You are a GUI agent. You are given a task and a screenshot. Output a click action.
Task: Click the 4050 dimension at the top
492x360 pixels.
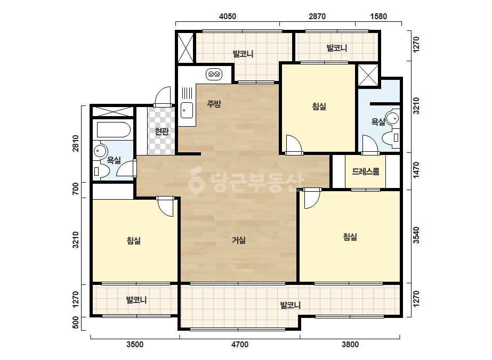[228, 17]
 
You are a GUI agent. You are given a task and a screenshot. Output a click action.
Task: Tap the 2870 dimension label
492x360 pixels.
[317, 17]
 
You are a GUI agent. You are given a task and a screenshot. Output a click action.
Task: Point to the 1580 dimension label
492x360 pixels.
[378, 17]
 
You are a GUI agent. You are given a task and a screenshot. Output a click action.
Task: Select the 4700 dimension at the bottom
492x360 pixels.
[240, 345]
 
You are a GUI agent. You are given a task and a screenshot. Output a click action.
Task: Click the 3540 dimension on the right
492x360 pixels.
[416, 235]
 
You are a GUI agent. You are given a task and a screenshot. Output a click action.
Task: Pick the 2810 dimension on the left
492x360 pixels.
[76, 143]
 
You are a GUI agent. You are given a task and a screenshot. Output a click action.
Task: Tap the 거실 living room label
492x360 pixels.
[238, 240]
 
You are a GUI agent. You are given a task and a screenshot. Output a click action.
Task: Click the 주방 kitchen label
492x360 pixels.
[214, 104]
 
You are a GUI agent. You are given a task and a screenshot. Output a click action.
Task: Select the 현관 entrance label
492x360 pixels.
[162, 131]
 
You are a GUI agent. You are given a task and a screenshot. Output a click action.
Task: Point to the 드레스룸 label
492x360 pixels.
[366, 171]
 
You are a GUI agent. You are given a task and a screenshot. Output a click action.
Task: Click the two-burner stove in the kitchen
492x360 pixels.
[214, 75]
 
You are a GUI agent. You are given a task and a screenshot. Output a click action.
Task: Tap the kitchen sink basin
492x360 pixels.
[187, 110]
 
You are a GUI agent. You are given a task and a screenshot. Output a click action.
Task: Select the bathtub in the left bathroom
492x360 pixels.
[114, 130]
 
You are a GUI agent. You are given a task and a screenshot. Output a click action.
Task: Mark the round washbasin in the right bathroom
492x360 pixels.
[392, 118]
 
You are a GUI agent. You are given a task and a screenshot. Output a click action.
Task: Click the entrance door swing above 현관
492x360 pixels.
[163, 96]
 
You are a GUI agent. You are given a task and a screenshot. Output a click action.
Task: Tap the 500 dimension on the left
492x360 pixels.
[76, 323]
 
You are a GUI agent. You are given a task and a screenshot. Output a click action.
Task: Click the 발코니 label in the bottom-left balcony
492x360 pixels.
[136, 300]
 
